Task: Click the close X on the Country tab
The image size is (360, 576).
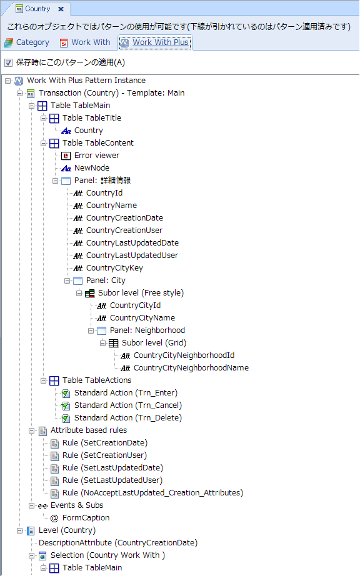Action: (61, 9)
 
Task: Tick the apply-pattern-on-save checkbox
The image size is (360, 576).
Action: (9, 63)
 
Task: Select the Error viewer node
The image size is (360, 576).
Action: (97, 156)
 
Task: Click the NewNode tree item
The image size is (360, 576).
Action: (92, 168)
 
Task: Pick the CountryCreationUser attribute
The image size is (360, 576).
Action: (124, 231)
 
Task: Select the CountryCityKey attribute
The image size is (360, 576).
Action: (114, 268)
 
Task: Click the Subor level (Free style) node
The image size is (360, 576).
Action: (141, 293)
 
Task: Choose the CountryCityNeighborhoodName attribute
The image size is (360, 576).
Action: (191, 368)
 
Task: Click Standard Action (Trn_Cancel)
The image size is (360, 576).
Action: (128, 405)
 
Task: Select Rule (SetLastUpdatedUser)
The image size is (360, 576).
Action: (112, 480)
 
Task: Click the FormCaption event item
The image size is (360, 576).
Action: (86, 518)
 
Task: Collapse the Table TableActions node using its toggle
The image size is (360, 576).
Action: (43, 380)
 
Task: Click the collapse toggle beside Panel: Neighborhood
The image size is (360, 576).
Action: (91, 330)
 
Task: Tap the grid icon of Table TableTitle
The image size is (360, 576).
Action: (54, 118)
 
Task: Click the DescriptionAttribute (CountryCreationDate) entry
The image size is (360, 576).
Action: (118, 542)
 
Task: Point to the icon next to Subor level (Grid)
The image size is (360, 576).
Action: (114, 343)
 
